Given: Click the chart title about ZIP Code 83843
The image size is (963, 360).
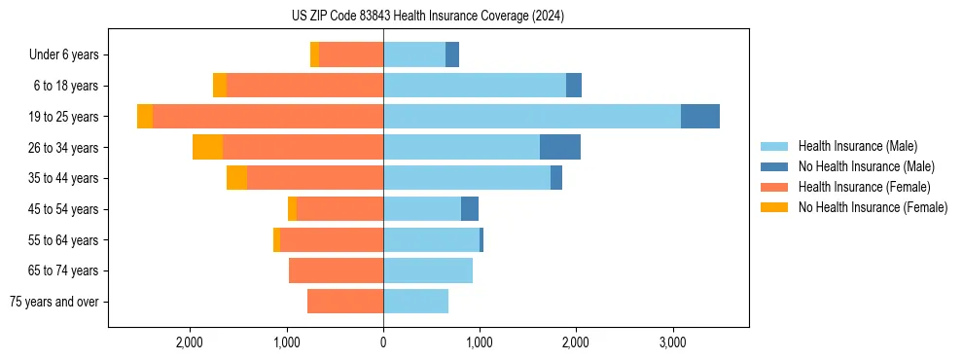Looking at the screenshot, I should point(428,17).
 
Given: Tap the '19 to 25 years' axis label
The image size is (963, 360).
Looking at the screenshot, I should point(64,117).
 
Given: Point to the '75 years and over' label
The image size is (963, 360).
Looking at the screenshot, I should point(54,302).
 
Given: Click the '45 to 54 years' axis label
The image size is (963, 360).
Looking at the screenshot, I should point(64,209).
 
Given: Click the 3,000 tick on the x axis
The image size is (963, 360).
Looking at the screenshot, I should point(672,342).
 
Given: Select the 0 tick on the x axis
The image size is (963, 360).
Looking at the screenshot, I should point(383,342).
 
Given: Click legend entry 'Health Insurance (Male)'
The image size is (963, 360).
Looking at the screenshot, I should point(857,146).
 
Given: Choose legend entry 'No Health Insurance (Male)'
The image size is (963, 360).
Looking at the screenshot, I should point(866,166).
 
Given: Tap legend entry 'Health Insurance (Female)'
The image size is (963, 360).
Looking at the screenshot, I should point(864,187).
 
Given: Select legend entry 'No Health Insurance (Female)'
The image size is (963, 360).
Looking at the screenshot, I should point(873,207).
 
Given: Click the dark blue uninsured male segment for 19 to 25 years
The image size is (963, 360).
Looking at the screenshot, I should point(700,117).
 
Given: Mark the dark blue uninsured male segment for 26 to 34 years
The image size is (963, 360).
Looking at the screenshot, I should point(560,147).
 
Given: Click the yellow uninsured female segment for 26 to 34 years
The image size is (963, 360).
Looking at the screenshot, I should point(207,147).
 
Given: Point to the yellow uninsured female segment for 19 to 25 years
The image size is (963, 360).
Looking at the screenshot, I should point(145,117).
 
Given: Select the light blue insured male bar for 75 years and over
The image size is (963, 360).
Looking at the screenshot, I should point(415,302).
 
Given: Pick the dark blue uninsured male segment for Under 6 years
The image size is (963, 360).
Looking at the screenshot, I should point(452,55).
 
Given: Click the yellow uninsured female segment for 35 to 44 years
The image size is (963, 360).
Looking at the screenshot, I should point(236,178).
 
